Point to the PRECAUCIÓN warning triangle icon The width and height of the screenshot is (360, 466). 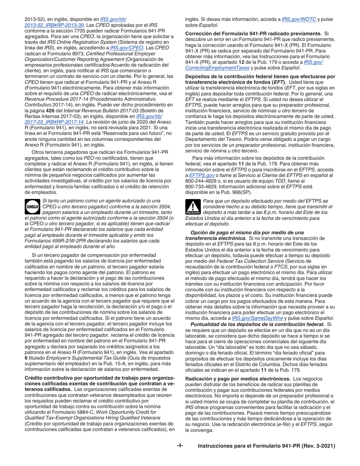pyautogui.click(x=193, y=206)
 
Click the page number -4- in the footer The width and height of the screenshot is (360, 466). pyautogui.click(x=180, y=446)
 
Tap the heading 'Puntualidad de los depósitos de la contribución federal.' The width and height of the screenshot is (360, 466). pyautogui.click(x=258, y=324)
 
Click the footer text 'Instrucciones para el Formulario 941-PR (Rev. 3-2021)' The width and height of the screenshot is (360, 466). pyautogui.click(x=266, y=446)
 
